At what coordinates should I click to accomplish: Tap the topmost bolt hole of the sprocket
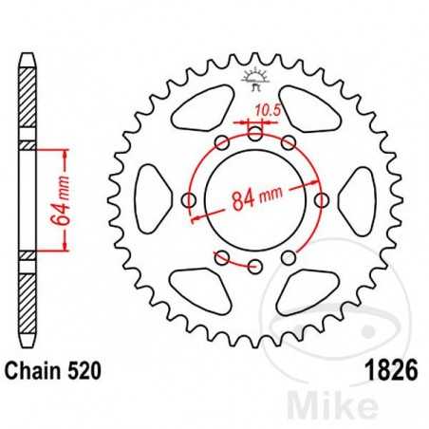[254, 137]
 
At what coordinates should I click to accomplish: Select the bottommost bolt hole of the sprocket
[254, 265]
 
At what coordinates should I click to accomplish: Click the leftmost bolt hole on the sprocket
[188, 200]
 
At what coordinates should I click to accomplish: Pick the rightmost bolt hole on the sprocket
[321, 200]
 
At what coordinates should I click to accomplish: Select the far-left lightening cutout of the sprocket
[152, 200]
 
